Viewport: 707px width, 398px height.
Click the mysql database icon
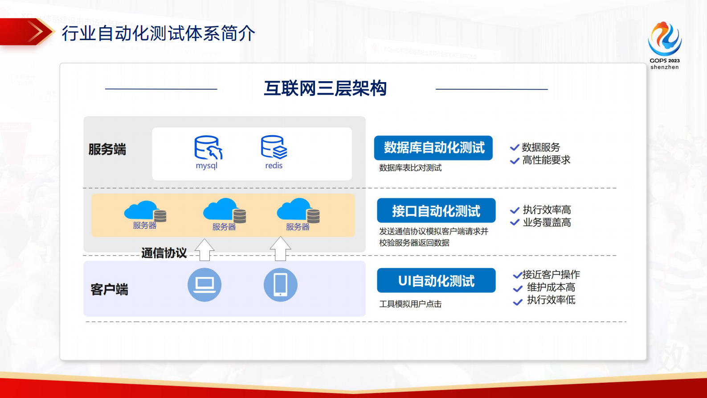(208, 148)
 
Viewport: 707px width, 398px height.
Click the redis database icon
(274, 147)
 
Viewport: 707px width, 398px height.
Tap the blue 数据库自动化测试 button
(433, 148)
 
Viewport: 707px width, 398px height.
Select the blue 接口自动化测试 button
(436, 211)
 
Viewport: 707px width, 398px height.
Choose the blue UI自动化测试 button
(436, 281)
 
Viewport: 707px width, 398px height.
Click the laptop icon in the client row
(204, 285)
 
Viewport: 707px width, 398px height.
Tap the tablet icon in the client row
(280, 285)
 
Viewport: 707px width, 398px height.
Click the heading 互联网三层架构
(325, 88)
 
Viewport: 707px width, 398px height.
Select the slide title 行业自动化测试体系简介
(158, 33)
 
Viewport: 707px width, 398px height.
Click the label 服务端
(107, 149)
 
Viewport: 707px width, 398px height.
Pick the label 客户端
(109, 290)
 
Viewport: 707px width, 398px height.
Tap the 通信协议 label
(164, 253)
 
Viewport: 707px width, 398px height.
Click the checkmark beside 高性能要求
(515, 161)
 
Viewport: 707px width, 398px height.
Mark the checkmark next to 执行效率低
(518, 302)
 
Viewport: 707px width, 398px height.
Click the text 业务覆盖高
(547, 222)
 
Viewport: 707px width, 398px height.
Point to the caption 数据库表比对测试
(410, 168)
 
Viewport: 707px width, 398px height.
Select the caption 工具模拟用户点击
(410, 304)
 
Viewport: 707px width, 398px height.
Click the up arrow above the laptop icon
(204, 249)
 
